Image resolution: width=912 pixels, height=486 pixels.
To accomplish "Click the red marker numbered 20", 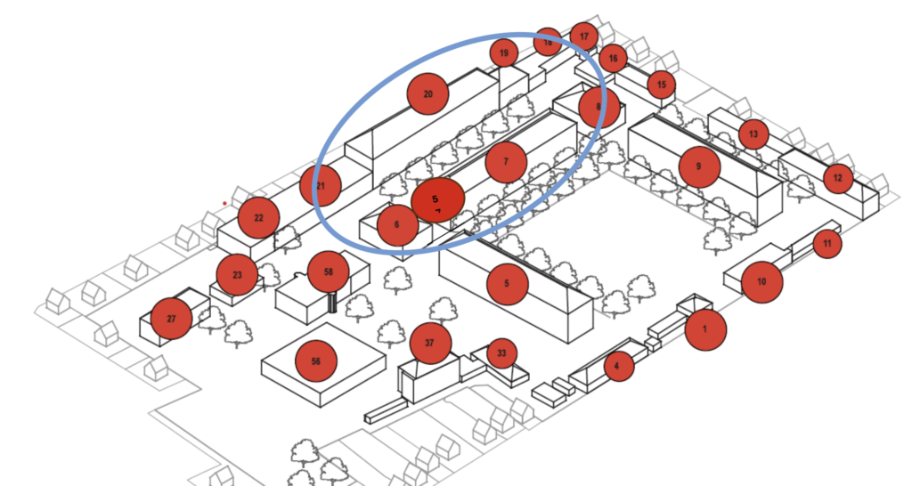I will [427, 93].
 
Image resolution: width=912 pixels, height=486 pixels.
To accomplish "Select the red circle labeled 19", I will [504, 53].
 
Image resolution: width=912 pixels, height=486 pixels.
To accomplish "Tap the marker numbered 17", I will [584, 36].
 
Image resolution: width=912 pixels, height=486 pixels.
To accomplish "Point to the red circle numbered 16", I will [613, 59].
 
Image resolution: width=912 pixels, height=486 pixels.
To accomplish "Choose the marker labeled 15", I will [661, 85].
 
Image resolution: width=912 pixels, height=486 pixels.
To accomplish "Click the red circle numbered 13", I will [753, 134].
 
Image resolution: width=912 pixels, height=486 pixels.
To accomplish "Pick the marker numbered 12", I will [837, 178].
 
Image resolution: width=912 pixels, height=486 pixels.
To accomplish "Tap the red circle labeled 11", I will [827, 243].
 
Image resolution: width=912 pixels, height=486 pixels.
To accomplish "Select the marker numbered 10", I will [761, 281].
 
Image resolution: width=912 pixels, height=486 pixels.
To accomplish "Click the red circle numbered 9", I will [699, 166].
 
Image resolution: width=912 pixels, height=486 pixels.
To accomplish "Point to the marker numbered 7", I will [506, 162].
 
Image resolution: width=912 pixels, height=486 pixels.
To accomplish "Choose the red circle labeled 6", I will [397, 225].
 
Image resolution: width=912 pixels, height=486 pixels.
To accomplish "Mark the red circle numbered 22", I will [258, 218].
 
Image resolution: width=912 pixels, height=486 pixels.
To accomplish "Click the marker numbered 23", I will [237, 275].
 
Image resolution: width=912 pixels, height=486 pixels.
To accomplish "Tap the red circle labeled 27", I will [171, 319].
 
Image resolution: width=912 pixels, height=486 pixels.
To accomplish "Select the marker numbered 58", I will [329, 271].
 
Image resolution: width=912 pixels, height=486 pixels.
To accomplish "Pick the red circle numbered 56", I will [316, 360].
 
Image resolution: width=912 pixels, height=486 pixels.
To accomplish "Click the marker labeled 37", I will [431, 344].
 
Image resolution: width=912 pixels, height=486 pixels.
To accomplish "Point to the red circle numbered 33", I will [501, 353].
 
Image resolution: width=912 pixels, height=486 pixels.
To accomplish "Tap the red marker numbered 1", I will [705, 329].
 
